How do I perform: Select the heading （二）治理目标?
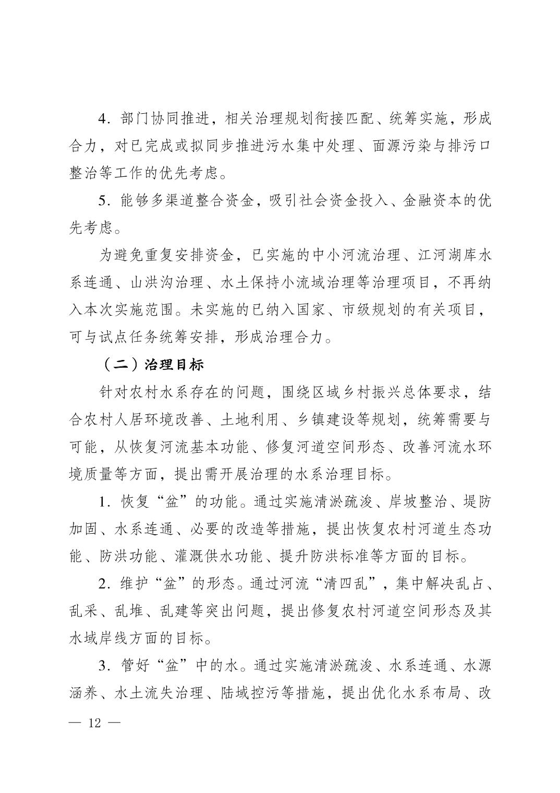click(x=152, y=365)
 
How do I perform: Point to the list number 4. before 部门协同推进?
click(x=104, y=118)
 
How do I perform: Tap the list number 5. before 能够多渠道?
click(x=104, y=200)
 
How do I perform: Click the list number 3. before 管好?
click(x=104, y=666)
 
